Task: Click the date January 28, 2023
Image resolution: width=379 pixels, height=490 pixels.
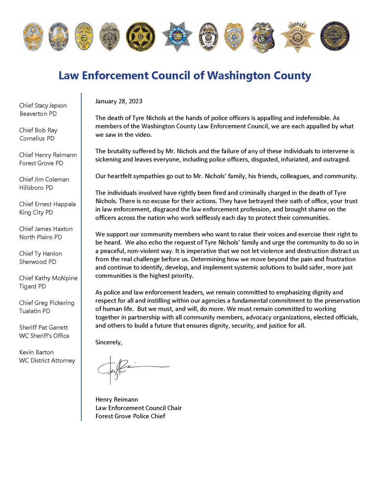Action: click(119, 100)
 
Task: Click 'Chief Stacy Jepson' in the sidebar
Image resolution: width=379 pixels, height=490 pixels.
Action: click(43, 105)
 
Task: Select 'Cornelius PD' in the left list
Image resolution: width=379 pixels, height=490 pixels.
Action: click(38, 138)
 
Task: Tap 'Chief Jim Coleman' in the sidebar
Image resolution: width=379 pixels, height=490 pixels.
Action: click(44, 179)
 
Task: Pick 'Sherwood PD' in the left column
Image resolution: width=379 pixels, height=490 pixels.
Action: click(38, 262)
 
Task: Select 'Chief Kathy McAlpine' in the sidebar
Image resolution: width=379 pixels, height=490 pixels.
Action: click(48, 278)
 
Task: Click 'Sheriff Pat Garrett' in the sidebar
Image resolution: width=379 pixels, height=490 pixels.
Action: click(44, 327)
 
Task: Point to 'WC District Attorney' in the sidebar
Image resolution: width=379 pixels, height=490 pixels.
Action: click(47, 360)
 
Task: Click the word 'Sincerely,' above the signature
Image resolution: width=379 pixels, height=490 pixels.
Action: click(108, 342)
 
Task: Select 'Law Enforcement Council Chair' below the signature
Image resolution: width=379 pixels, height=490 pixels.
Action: click(138, 408)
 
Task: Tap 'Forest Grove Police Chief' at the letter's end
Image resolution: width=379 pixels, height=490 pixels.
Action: click(130, 416)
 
